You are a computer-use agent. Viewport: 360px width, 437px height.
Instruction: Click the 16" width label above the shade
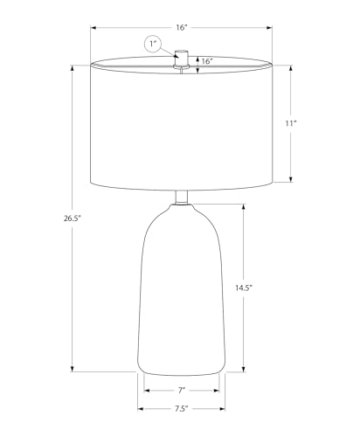click(x=181, y=28)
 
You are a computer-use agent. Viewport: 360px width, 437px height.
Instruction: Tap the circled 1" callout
click(x=153, y=45)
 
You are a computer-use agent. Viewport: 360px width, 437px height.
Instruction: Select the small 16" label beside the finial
click(x=207, y=61)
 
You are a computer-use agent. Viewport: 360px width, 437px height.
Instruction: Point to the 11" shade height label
click(x=290, y=123)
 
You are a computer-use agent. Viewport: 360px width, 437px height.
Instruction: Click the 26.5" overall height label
click(x=72, y=218)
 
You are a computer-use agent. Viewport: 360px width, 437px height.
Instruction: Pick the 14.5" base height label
click(x=244, y=288)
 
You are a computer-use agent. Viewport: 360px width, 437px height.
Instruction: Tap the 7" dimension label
click(x=182, y=391)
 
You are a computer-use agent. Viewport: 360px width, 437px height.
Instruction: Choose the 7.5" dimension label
click(x=181, y=409)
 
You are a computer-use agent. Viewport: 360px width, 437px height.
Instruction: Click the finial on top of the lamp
click(x=181, y=59)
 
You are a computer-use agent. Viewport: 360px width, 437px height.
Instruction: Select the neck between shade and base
click(x=182, y=198)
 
